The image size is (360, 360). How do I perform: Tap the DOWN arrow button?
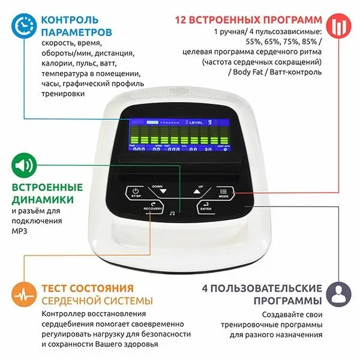click(x=157, y=191)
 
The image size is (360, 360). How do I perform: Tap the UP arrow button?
click(x=196, y=191)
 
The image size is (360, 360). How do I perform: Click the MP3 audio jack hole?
click(x=179, y=212)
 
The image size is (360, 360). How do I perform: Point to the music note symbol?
click(x=172, y=212)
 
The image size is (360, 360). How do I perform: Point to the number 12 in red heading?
click(x=182, y=19)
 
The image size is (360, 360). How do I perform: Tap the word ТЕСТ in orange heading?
click(x=57, y=288)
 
